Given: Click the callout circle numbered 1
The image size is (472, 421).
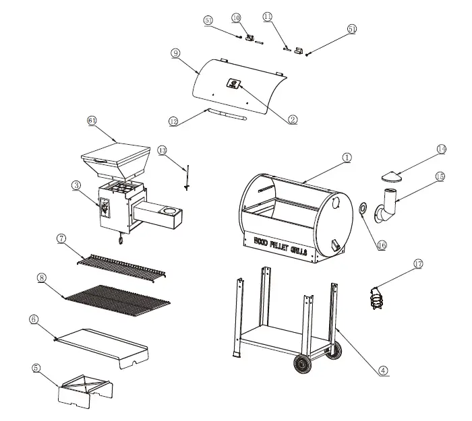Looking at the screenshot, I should point(346,158).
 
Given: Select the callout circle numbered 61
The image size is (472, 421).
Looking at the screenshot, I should point(93,121).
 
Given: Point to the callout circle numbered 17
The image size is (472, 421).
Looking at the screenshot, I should point(418,264).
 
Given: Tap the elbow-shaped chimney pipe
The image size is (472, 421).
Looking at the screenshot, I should point(388,206).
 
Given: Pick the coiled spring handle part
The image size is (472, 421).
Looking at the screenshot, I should point(377,298).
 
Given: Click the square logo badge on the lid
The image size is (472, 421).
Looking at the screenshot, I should point(233,85).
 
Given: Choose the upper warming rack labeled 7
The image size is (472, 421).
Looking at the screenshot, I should point(121,269).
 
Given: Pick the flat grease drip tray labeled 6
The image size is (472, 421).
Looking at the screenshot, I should point(101,343).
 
